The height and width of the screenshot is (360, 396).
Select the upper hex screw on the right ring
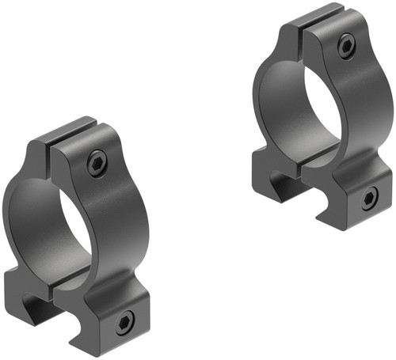(x=345, y=47)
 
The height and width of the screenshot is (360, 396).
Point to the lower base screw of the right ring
(x=368, y=198)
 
